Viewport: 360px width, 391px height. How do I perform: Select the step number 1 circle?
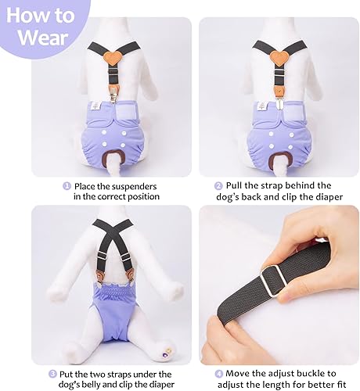(x=67, y=186)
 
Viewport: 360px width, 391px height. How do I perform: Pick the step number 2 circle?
(x=218, y=186)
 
